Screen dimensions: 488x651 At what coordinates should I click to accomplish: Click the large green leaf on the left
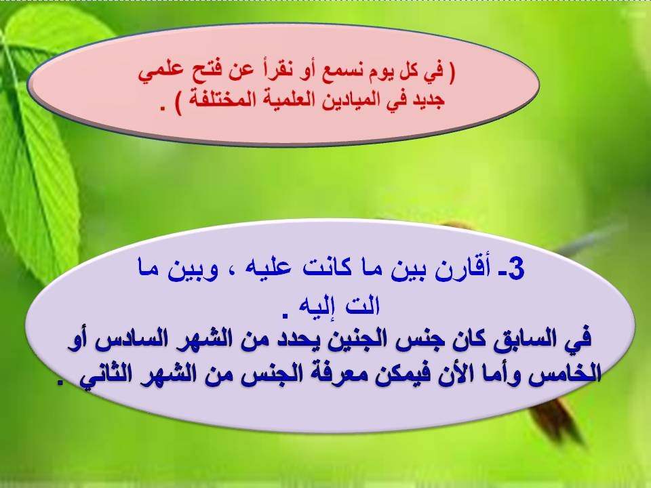(x=41, y=169)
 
